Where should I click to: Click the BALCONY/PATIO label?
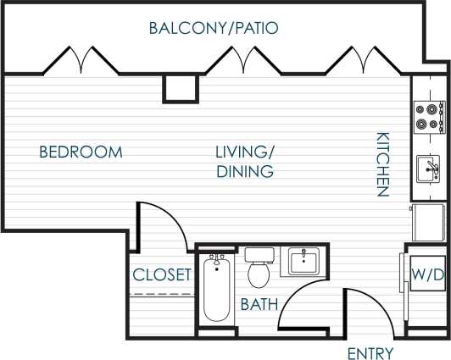[x=214, y=28]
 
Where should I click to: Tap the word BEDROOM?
[x=81, y=152]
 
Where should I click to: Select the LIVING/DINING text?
[x=244, y=162]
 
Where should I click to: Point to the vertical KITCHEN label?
[x=382, y=164]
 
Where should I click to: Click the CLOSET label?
[x=162, y=274]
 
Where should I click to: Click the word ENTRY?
[x=370, y=352]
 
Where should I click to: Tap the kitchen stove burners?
[x=427, y=116]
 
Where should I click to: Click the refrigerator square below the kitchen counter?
[x=427, y=222]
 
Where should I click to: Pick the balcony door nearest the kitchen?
[x=363, y=60]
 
